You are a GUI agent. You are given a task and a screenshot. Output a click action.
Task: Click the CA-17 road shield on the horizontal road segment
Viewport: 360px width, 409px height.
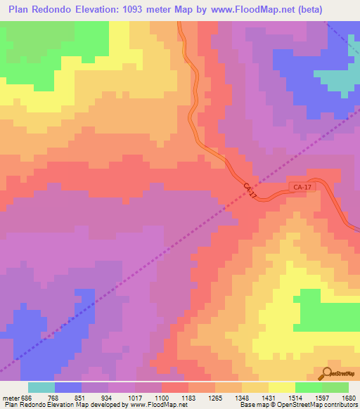(x=302, y=187)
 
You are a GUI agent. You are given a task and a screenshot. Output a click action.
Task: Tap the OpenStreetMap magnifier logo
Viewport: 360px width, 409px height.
(x=328, y=373)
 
